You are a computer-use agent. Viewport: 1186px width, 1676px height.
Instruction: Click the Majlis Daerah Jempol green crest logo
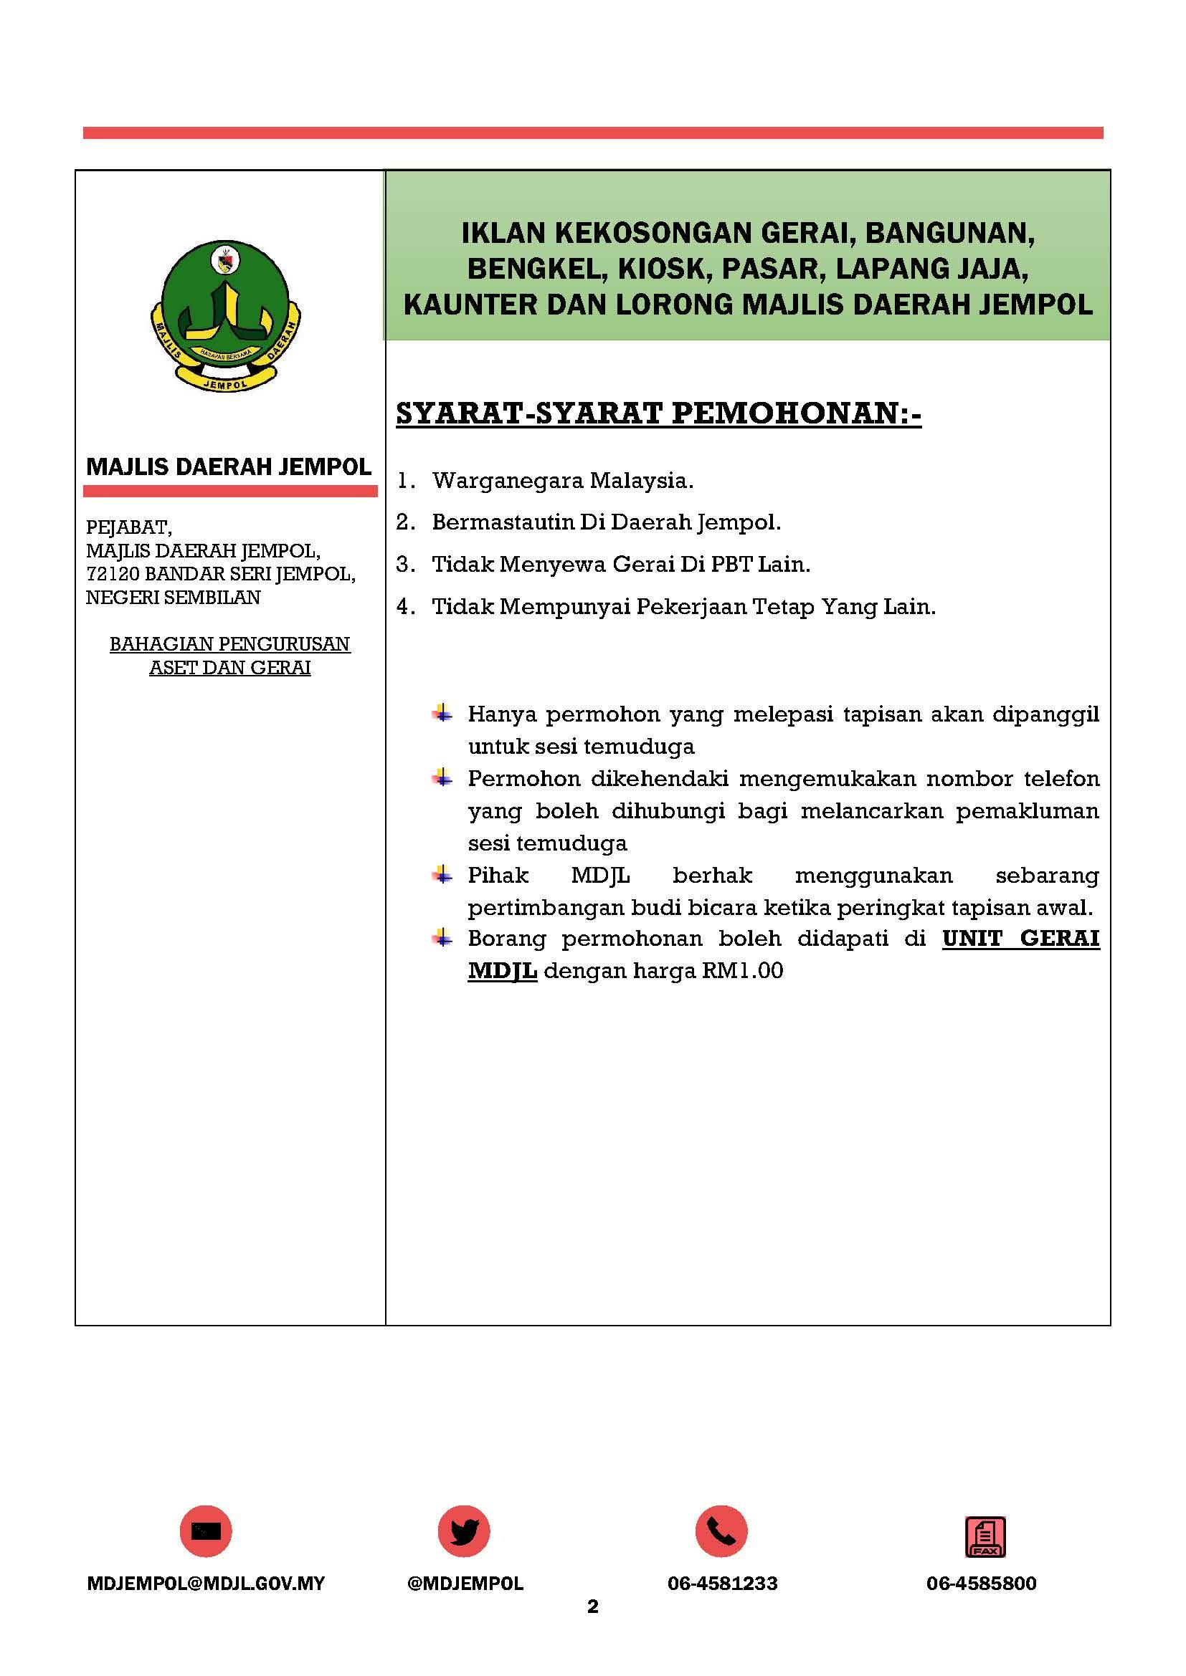(x=227, y=315)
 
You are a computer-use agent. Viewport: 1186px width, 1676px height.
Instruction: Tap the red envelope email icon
(x=205, y=1532)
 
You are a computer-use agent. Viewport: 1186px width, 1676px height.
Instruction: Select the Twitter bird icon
(x=464, y=1532)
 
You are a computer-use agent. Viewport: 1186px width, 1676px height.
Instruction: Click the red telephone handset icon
(x=721, y=1532)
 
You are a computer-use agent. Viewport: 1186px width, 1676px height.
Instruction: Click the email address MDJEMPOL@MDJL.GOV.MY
(x=205, y=1584)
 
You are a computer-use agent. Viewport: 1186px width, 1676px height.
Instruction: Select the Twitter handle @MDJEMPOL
(x=465, y=1584)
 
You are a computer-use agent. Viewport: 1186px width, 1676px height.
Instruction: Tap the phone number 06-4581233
(x=722, y=1584)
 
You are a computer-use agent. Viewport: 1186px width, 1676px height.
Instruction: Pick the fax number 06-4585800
(x=981, y=1584)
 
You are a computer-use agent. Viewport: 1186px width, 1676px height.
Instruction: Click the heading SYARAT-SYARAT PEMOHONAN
(x=658, y=414)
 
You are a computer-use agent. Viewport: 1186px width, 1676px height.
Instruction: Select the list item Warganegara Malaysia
(x=562, y=480)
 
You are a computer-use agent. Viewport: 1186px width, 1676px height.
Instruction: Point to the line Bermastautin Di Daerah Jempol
(x=606, y=522)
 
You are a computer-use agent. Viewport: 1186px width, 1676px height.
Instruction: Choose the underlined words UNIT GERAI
(x=1020, y=938)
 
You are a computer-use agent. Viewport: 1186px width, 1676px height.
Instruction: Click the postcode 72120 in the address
(x=113, y=574)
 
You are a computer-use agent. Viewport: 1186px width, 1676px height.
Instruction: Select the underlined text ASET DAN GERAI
(x=230, y=667)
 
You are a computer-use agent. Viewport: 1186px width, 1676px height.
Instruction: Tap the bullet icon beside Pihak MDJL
(x=442, y=873)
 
